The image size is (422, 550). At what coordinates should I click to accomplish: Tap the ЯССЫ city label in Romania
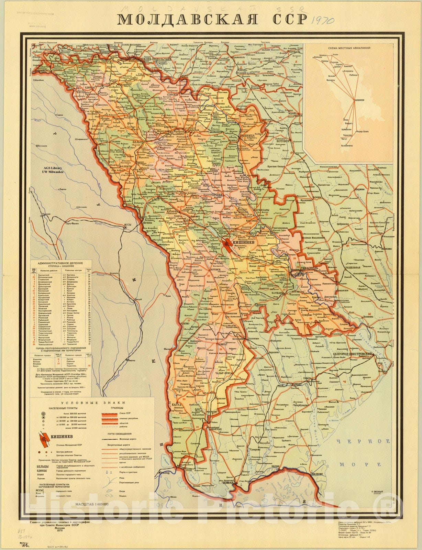click(128, 227)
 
